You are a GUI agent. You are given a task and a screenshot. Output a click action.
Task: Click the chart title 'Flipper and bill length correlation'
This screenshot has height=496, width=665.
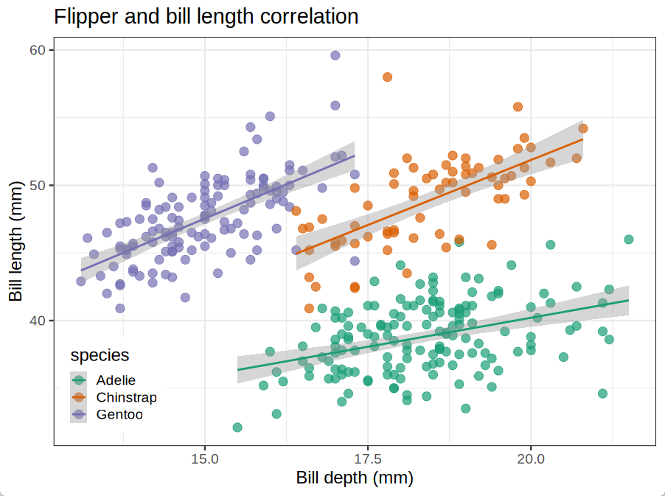[x=206, y=16]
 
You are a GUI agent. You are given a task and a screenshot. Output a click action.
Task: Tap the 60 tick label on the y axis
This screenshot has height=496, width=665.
[x=38, y=50]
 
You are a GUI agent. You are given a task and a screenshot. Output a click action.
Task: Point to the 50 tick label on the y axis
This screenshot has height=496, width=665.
[x=38, y=185]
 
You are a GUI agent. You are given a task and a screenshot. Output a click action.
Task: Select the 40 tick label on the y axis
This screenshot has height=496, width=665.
[x=38, y=321]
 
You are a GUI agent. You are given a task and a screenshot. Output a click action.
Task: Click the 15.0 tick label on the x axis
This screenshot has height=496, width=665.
[x=204, y=458]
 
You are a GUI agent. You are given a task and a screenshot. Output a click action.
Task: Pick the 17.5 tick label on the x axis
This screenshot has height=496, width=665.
[x=367, y=458]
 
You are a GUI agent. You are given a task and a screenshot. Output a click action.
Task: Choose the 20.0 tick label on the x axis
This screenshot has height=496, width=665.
[x=531, y=458]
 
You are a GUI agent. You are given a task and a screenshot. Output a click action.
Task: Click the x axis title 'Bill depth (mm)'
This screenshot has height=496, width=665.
[x=355, y=478]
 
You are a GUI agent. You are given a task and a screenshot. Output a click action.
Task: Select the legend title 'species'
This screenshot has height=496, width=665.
[x=100, y=355]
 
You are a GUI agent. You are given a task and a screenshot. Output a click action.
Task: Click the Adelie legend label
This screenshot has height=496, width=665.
[x=116, y=380]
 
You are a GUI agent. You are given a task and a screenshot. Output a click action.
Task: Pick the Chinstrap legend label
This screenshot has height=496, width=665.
[x=127, y=397]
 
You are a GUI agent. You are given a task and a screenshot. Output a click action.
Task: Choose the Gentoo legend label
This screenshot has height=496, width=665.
[x=119, y=414]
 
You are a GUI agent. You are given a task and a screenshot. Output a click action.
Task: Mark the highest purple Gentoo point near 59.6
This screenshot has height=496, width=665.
[x=335, y=55]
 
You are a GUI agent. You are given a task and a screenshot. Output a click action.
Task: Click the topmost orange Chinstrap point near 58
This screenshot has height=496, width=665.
[x=387, y=77]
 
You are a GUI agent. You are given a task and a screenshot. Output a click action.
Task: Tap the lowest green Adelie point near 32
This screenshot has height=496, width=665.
[x=237, y=427]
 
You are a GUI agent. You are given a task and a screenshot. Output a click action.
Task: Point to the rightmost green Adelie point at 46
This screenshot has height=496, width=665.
[x=629, y=240]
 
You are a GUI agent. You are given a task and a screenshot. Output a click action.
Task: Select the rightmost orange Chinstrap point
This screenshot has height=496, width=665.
[x=583, y=128]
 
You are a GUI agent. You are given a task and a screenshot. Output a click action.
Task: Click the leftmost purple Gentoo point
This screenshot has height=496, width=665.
[x=81, y=281]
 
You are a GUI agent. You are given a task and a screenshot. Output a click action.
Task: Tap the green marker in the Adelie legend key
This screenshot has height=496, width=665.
[x=79, y=380]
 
